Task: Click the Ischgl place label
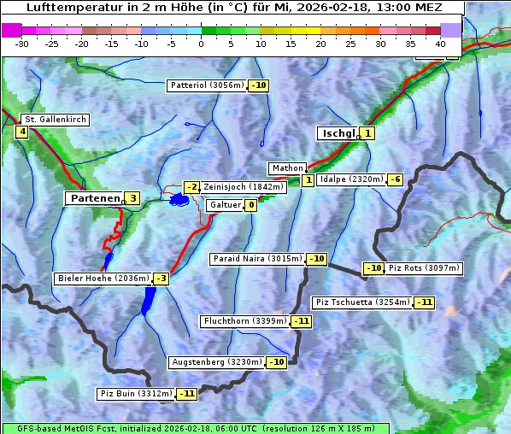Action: coord(338,133)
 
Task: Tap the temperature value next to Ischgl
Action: coord(367,133)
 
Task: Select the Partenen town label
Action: coord(94,198)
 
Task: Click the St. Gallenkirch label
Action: coord(56,120)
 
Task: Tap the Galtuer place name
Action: coord(225,205)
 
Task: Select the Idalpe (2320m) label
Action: coord(350,179)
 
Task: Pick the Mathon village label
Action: coord(285,168)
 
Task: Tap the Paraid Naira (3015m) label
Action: coord(257,258)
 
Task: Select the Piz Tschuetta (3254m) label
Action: coord(363,302)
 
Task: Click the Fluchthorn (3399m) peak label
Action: coord(245,321)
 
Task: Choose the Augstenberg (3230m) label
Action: coord(217,362)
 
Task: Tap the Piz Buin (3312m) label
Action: coord(137,394)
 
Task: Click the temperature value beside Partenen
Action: coord(132,198)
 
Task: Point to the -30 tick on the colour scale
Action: coord(22,43)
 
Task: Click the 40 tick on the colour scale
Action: coord(440,43)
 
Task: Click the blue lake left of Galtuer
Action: coord(179,200)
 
